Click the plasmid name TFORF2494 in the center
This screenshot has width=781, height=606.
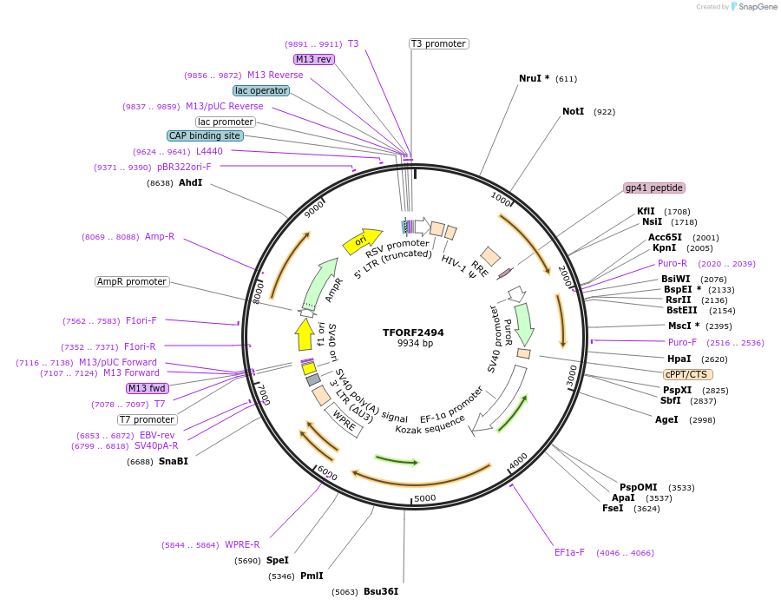413,333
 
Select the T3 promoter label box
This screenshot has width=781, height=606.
438,43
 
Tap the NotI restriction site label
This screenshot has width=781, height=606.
573,111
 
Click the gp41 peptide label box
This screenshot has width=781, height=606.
654,188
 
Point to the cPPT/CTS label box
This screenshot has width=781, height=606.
688,374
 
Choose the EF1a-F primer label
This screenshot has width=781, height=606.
569,552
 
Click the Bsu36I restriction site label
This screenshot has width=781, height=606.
380,591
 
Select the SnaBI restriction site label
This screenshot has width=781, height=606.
173,461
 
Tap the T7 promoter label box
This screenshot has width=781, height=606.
148,419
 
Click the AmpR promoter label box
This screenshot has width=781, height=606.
132,281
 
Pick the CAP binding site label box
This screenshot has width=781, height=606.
205,135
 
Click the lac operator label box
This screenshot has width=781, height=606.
260,90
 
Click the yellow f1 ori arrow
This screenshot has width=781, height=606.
304,334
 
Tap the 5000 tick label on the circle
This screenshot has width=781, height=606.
424,497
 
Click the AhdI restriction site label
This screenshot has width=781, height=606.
190,182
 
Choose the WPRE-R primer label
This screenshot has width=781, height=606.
242,544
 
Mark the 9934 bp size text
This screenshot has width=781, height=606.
413,344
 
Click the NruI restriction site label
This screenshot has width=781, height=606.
534,78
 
